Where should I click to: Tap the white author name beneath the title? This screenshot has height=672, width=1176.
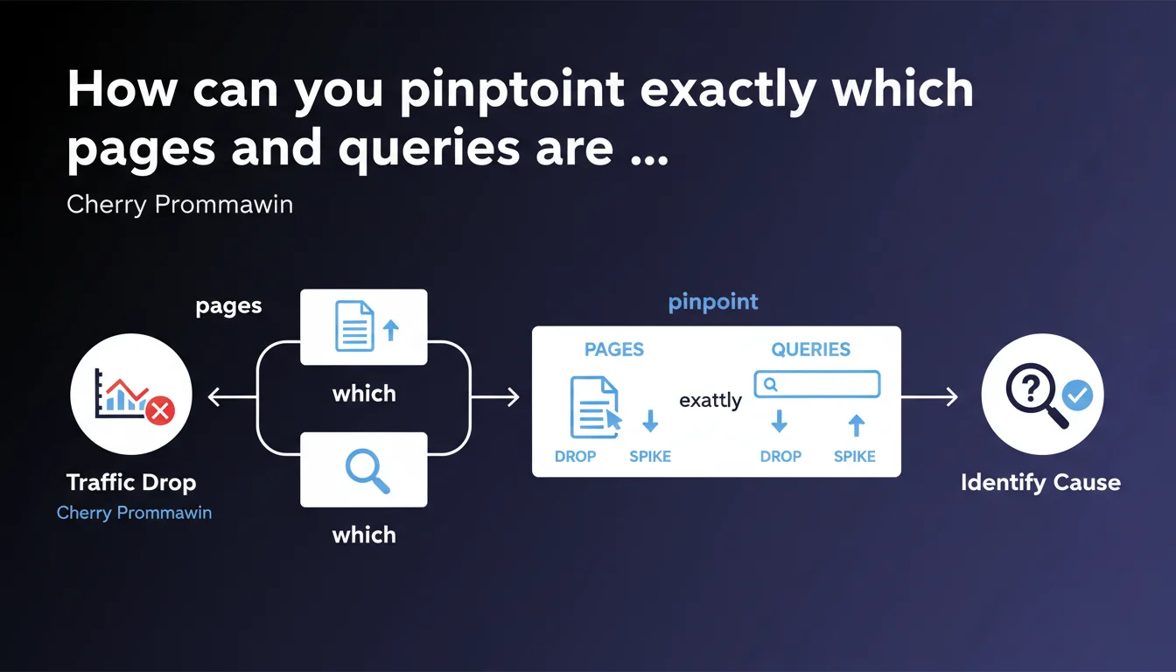point(179,206)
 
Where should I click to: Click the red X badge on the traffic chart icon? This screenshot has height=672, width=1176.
point(161,409)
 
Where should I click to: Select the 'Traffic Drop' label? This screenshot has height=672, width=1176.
point(131,482)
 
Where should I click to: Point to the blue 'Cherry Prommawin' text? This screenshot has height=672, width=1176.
point(134,513)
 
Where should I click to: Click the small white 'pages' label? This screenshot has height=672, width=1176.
point(228,306)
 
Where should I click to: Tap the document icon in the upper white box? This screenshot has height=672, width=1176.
point(355,326)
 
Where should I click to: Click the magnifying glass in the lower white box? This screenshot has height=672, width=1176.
point(366,469)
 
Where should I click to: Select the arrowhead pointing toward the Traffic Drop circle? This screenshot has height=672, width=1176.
point(213,398)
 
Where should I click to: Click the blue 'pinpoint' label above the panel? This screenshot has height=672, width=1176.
point(713,303)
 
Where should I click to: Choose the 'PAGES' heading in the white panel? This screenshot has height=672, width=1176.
point(614,349)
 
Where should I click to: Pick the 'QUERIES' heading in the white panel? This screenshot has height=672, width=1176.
point(810,349)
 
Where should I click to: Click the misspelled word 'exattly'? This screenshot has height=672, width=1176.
point(710,401)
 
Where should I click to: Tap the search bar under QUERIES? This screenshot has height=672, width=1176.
point(816,384)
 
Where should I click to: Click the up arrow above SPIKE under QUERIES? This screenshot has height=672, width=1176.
point(857,425)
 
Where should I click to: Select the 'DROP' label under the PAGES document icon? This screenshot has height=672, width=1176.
point(575,456)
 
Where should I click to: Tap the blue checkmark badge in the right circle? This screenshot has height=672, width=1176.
point(1077,396)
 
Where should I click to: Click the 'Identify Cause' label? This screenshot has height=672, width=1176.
point(1040,482)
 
